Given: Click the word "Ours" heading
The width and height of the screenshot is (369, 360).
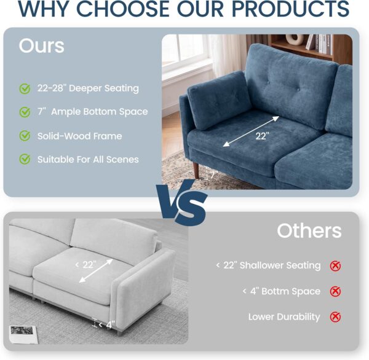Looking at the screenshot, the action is tap(41, 45).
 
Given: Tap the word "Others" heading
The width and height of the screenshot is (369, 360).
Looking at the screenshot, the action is tap(309, 230).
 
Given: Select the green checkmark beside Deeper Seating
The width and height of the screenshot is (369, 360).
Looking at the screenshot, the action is tap(25, 88).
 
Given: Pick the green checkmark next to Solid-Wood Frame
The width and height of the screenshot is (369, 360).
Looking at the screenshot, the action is tap(25, 136).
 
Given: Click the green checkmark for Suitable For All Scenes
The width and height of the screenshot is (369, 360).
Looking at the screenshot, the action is tap(25, 159).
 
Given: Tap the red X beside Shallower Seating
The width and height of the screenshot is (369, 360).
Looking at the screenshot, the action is tap(335, 266).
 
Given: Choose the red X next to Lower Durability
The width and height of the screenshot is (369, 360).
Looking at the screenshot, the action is tap(335, 317).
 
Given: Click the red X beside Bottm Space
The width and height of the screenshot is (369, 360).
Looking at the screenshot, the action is tap(335, 291).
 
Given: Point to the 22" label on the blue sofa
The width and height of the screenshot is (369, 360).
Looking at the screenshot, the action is tap(262, 136).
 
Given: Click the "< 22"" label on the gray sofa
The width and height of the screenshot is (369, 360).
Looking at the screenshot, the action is tap(85, 265).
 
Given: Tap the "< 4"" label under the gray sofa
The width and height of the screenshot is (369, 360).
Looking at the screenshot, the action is tap(107, 325).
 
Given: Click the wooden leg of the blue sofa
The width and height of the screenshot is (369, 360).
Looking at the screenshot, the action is tap(196, 170).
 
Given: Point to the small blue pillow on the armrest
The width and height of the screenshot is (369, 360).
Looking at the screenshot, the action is tap(219, 100).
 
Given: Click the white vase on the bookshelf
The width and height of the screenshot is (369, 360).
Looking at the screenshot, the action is tap(295, 39).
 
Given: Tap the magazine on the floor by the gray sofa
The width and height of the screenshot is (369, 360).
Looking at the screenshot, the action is tap(23, 334).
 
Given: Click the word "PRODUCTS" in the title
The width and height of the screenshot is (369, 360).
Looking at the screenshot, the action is tap(290, 9).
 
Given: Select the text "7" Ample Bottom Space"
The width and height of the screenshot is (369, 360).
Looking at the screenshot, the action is tap(92, 112).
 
